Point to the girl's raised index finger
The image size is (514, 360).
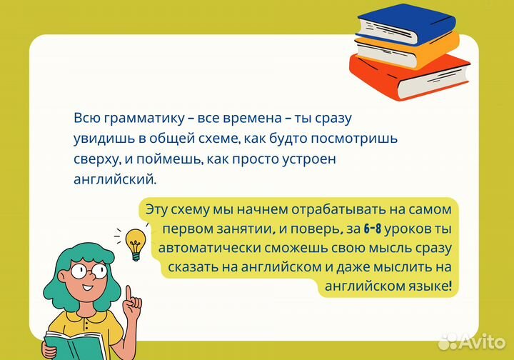point(128,294)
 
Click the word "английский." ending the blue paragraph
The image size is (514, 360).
point(114,180)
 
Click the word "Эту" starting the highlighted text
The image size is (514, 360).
point(157,210)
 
